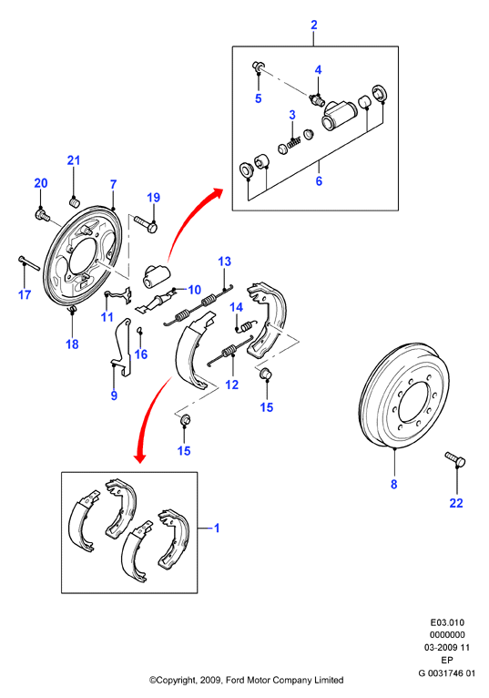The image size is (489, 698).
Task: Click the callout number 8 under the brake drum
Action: point(393,484)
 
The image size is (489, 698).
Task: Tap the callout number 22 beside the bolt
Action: point(456,503)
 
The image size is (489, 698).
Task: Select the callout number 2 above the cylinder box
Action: point(314,25)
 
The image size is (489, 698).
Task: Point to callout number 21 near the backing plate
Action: point(74,160)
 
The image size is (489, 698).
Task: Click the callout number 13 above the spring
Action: point(225,262)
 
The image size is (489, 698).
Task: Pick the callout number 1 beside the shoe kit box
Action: point(217,528)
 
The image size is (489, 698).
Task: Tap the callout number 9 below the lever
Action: point(114,395)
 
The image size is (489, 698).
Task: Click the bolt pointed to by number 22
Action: point(455,459)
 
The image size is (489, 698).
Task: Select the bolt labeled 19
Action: point(145,223)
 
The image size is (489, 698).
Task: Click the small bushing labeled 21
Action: point(75,203)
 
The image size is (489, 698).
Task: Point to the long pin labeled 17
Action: point(29,262)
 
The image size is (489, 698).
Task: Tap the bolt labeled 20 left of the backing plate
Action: point(41,215)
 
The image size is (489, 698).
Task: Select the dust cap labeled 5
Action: point(258,67)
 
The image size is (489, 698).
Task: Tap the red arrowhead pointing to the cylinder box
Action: point(217,193)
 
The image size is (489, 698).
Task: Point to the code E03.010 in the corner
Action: point(447,622)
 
